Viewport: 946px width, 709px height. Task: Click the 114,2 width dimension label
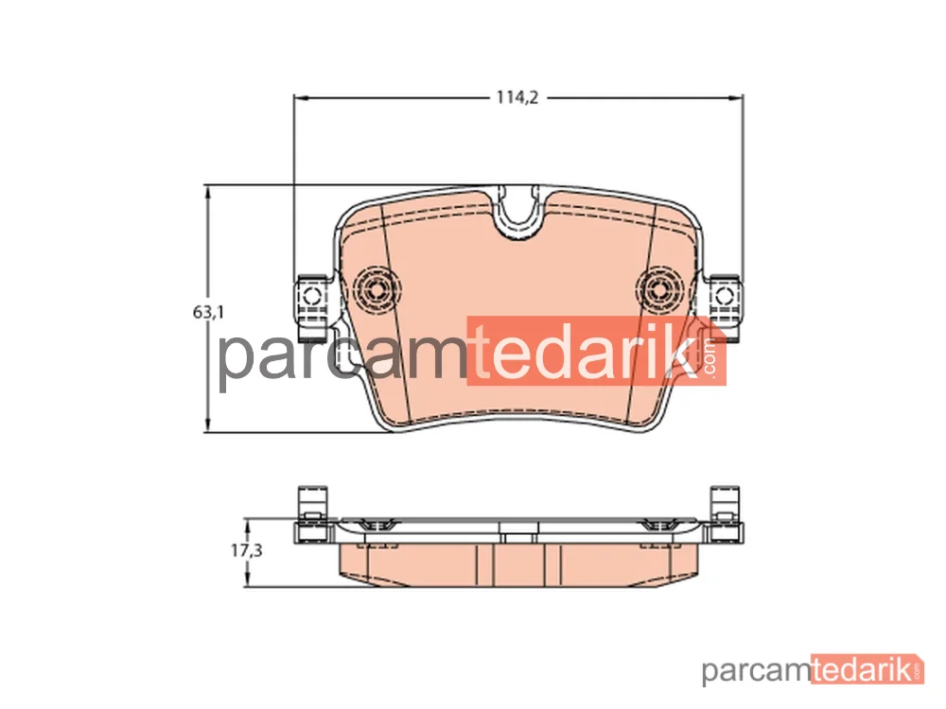point(517,97)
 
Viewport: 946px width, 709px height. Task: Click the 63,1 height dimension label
point(208,312)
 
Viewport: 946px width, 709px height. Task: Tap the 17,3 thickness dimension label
point(246,550)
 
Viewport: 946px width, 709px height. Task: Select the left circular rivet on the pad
point(376,290)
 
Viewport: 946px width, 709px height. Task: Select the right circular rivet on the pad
point(662,290)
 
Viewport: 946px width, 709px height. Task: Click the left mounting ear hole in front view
point(311,296)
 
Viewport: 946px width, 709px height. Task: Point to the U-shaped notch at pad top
point(518,217)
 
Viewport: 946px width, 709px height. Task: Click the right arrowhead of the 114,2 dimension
point(736,97)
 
